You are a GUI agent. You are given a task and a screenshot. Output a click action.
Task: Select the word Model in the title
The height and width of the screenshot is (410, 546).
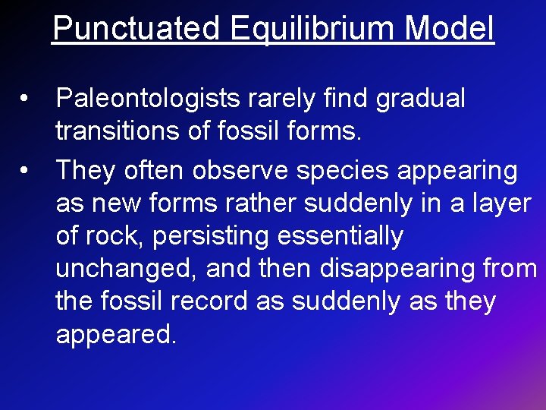click(450, 29)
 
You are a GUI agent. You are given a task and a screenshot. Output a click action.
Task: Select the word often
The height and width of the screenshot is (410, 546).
click(158, 170)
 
